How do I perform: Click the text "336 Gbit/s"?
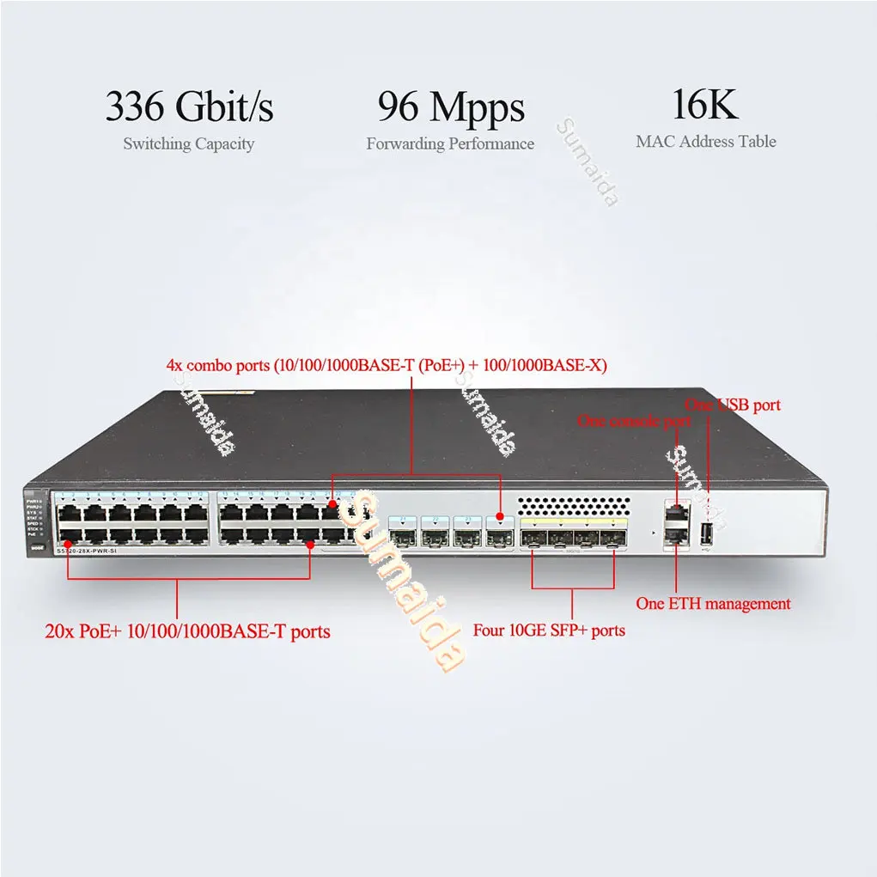click(x=189, y=107)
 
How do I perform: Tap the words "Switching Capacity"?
click(x=188, y=143)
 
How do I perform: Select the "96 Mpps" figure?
click(x=450, y=107)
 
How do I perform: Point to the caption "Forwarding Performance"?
click(x=450, y=143)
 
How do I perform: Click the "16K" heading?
click(x=705, y=105)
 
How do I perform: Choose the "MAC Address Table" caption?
click(x=705, y=142)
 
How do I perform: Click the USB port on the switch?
click(x=708, y=534)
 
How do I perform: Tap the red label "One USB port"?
click(x=732, y=405)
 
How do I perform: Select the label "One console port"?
click(x=634, y=421)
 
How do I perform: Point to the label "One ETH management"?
click(x=713, y=604)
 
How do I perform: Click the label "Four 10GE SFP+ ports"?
click(x=549, y=630)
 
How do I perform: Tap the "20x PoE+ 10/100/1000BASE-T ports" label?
click(x=187, y=632)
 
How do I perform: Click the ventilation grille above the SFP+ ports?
click(x=573, y=505)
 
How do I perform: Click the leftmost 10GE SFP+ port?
click(x=534, y=539)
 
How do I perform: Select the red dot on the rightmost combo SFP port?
click(x=499, y=518)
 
